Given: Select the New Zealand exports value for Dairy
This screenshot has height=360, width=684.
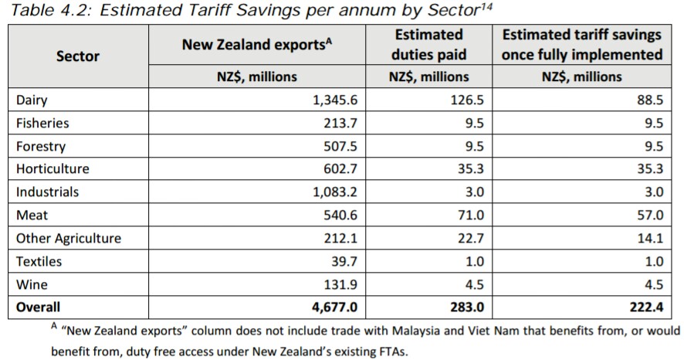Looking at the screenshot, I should tap(331, 100).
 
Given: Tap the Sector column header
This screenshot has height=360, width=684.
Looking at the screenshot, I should tap(77, 56).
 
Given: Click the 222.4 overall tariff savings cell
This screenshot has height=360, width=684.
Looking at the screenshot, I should tap(647, 307).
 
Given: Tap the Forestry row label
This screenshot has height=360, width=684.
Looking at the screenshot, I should tap(41, 146).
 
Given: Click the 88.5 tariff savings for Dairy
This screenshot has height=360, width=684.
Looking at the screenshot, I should tap(650, 100).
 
